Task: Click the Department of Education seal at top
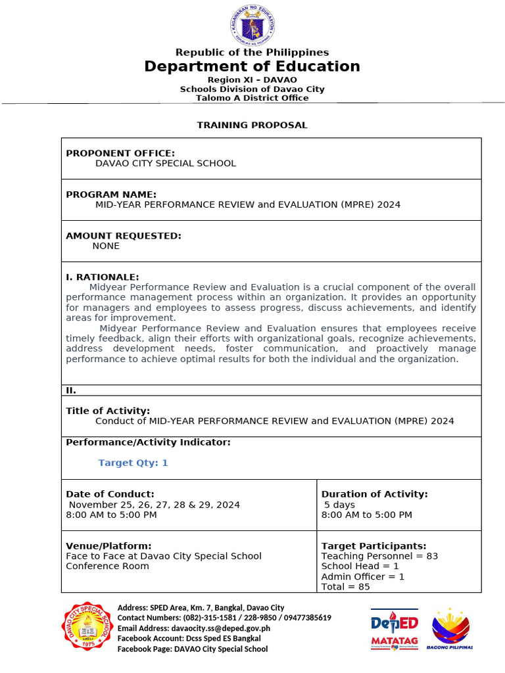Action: (x=252, y=26)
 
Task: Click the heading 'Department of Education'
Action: (x=252, y=66)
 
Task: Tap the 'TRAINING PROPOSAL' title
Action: (x=252, y=125)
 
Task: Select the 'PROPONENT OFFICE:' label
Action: (x=120, y=153)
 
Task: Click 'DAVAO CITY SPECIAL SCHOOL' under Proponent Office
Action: (x=166, y=163)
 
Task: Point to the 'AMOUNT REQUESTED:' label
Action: (x=124, y=235)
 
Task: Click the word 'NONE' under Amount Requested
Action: (x=106, y=246)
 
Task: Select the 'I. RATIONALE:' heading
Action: (x=103, y=277)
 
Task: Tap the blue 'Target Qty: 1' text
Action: (x=133, y=463)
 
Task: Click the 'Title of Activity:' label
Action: (x=108, y=411)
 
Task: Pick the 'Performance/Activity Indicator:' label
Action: (x=148, y=442)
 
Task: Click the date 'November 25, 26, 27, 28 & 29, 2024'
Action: (x=155, y=505)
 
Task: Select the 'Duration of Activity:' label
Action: (x=374, y=494)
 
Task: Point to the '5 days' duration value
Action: (x=339, y=505)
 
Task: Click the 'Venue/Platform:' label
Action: (x=108, y=545)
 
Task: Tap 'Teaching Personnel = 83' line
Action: (x=379, y=556)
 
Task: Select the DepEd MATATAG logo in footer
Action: (x=395, y=629)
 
